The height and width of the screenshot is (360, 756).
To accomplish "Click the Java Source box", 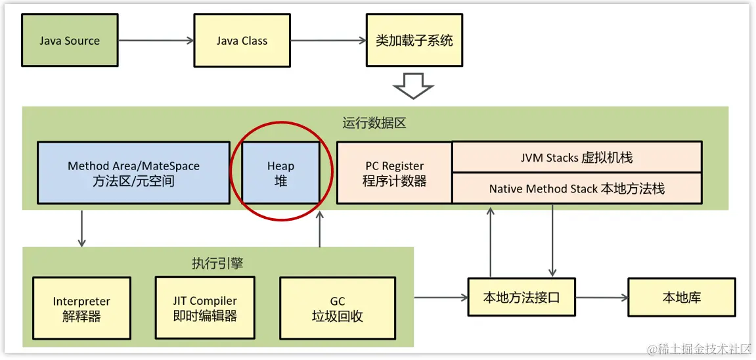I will [69, 41].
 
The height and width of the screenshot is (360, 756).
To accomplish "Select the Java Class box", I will [242, 41].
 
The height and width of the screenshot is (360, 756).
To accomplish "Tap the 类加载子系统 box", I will [414, 41].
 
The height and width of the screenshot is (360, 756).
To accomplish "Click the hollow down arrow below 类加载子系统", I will [414, 85].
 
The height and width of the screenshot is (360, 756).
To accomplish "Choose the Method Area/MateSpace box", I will [133, 173].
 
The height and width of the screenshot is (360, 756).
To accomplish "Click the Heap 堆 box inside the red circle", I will [280, 173].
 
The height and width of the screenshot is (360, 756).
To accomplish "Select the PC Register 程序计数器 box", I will [394, 173].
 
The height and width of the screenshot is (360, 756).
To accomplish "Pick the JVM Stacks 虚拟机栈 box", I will [577, 158].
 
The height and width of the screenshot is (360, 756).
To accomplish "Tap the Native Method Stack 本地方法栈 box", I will [577, 189].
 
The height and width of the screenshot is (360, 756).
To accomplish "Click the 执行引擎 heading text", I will [217, 263].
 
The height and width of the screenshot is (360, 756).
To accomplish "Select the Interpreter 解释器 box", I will [81, 309].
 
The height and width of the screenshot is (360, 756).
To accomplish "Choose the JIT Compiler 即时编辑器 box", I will [204, 309].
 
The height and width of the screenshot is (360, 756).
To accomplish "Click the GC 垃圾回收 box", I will [337, 309].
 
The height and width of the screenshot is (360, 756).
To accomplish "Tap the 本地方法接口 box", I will [522, 298].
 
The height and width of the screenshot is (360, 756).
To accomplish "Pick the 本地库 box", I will [681, 298].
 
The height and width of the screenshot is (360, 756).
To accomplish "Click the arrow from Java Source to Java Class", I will [156, 41].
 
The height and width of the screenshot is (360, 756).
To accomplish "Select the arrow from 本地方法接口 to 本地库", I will [602, 298].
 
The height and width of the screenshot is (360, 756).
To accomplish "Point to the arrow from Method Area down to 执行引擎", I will [81, 229].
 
